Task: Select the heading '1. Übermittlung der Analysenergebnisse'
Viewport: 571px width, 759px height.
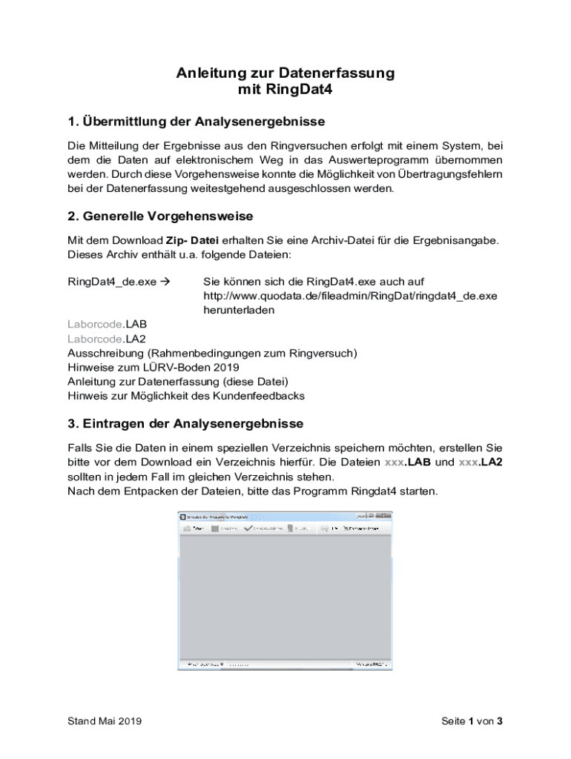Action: (196, 121)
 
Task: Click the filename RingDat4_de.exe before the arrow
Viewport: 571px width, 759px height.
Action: (112, 282)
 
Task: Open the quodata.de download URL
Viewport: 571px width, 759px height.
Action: (350, 296)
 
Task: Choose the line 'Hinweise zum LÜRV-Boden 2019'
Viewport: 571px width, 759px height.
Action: (154, 367)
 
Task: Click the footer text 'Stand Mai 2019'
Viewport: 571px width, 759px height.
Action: (105, 721)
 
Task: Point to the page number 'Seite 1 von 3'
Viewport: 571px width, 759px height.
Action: (472, 721)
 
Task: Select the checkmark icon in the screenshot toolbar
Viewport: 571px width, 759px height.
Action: (248, 529)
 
